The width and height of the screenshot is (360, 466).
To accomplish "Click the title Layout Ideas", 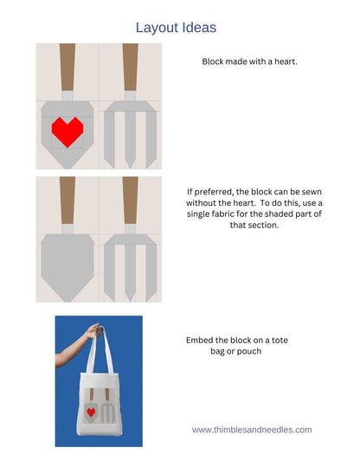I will [176, 28].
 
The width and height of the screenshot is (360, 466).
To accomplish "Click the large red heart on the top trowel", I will [67, 131].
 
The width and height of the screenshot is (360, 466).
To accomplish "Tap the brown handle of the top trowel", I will [67, 67].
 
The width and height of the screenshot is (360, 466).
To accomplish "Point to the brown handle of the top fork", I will [131, 67].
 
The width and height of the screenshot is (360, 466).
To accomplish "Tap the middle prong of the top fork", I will [131, 138].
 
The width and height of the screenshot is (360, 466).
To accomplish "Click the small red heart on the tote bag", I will [91, 411].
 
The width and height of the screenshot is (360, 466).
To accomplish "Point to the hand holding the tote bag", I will [98, 329].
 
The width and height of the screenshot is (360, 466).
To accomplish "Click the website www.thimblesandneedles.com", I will [252, 429].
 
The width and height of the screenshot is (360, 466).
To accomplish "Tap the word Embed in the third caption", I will [201, 340].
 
